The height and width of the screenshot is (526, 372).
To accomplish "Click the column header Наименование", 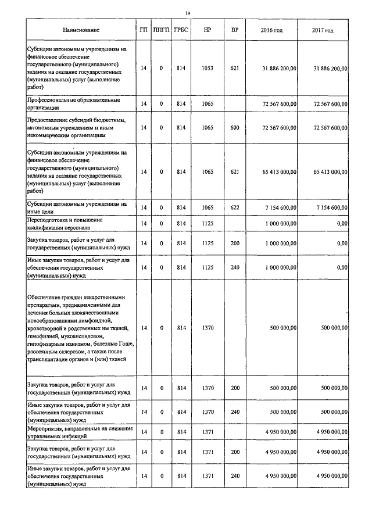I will click(81, 30).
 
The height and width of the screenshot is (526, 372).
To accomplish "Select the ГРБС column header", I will click(181, 30).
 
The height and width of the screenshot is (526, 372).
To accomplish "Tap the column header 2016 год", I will click(271, 30).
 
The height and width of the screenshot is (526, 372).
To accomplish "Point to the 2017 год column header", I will click(323, 30).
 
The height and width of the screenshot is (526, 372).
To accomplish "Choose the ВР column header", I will click(235, 30).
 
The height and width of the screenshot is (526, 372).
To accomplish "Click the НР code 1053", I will click(207, 69).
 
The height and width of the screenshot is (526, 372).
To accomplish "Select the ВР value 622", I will click(235, 207).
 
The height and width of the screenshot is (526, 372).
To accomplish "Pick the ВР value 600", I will click(235, 127).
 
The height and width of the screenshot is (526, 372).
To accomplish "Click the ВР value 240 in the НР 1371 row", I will click(235, 476).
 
